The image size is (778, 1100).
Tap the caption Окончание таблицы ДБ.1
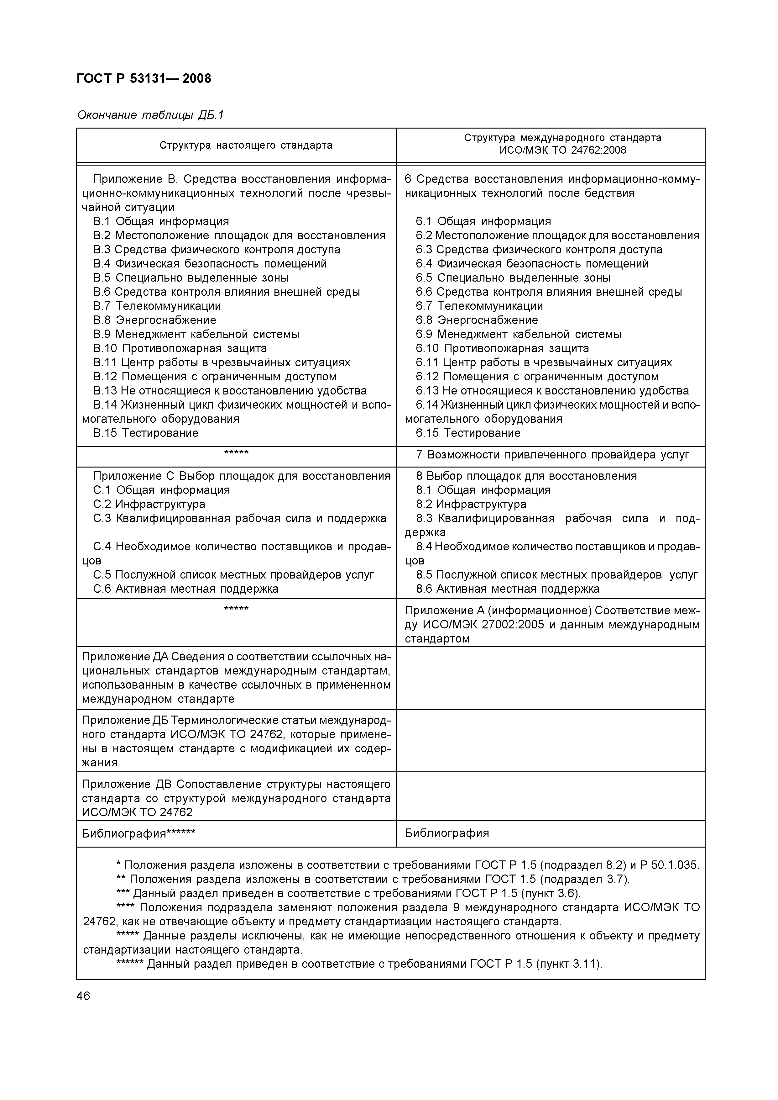click(x=150, y=115)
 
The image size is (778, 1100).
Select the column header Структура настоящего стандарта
click(x=246, y=145)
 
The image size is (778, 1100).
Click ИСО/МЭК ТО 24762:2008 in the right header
click(x=563, y=151)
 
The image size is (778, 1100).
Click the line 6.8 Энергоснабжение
click(x=477, y=320)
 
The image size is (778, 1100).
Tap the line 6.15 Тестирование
click(x=467, y=433)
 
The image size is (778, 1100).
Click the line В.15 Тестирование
click(x=146, y=433)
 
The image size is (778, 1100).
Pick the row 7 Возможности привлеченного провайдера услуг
click(x=552, y=455)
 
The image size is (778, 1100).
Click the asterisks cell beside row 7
click(x=236, y=453)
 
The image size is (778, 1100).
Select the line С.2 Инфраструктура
click(x=149, y=504)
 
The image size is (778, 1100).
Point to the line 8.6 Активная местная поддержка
click(x=507, y=589)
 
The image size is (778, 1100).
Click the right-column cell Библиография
click(x=446, y=833)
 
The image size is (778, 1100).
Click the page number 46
click(x=83, y=997)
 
